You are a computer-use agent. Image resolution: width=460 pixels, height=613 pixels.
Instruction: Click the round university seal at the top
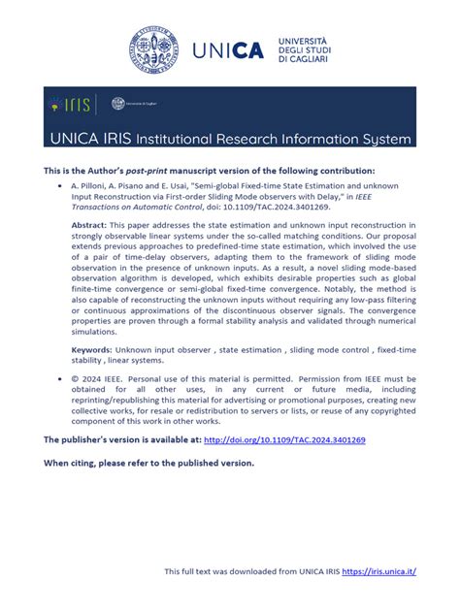pos(154,49)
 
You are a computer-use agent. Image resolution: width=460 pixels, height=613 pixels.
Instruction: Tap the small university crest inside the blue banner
pos(118,104)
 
